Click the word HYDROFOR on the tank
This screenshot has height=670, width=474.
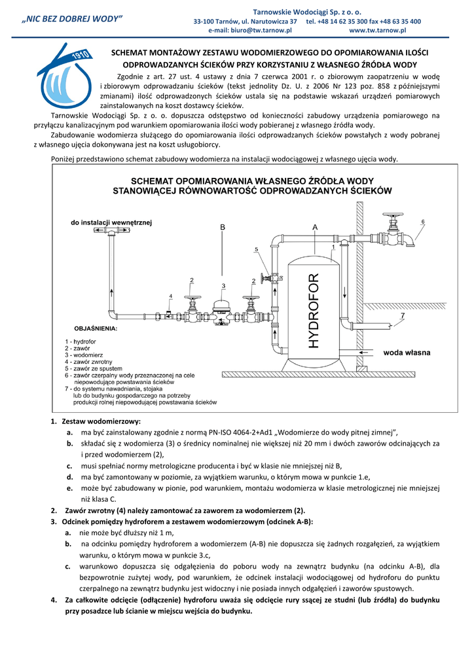coord(314,310)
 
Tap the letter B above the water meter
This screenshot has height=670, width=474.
coord(223,226)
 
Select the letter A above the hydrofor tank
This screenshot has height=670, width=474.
coord(314,226)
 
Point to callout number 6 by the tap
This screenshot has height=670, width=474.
coord(422,222)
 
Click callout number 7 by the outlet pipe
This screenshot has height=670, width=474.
coord(402,315)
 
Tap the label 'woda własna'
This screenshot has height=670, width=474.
coord(407,353)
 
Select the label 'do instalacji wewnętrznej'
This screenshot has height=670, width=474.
coord(111,223)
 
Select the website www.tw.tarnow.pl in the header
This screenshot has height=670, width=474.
coord(378,30)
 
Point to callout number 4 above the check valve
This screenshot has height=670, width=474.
coord(170,296)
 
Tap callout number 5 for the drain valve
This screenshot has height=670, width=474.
coord(256,249)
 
